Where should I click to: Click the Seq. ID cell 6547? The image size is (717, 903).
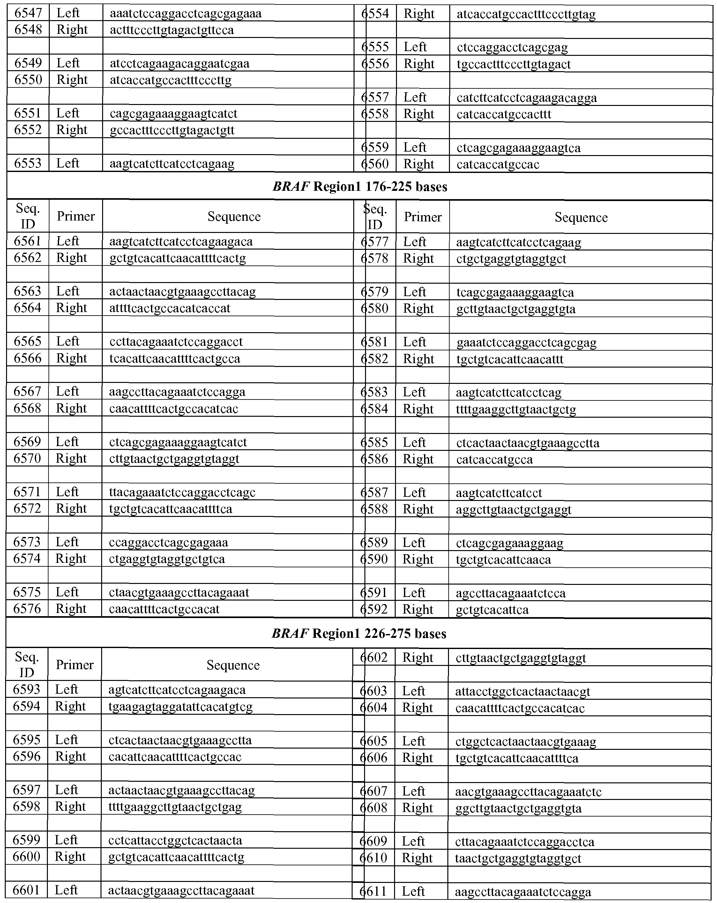28,13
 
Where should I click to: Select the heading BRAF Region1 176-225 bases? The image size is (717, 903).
360,186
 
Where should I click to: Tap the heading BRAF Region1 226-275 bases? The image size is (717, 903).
359,634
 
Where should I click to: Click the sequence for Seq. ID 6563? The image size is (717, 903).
182,292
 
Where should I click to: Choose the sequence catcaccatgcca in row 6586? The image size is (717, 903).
494,459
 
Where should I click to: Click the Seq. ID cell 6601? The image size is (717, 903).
27,890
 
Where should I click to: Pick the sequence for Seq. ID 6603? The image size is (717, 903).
523,691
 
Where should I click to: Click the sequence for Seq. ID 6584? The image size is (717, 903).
516,409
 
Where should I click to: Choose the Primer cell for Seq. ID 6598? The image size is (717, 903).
70,807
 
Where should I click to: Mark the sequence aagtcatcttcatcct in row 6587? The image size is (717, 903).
499,493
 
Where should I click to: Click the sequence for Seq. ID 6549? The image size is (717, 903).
180,64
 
